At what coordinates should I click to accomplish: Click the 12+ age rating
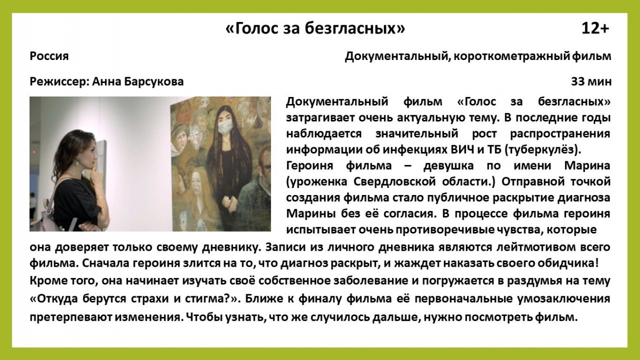pyautogui.click(x=595, y=28)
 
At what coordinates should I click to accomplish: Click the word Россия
pyautogui.click(x=49, y=56)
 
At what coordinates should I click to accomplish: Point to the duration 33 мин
pyautogui.click(x=591, y=82)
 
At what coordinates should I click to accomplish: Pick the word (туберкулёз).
pyautogui.click(x=543, y=150)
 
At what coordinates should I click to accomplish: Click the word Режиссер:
pyautogui.click(x=60, y=82)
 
